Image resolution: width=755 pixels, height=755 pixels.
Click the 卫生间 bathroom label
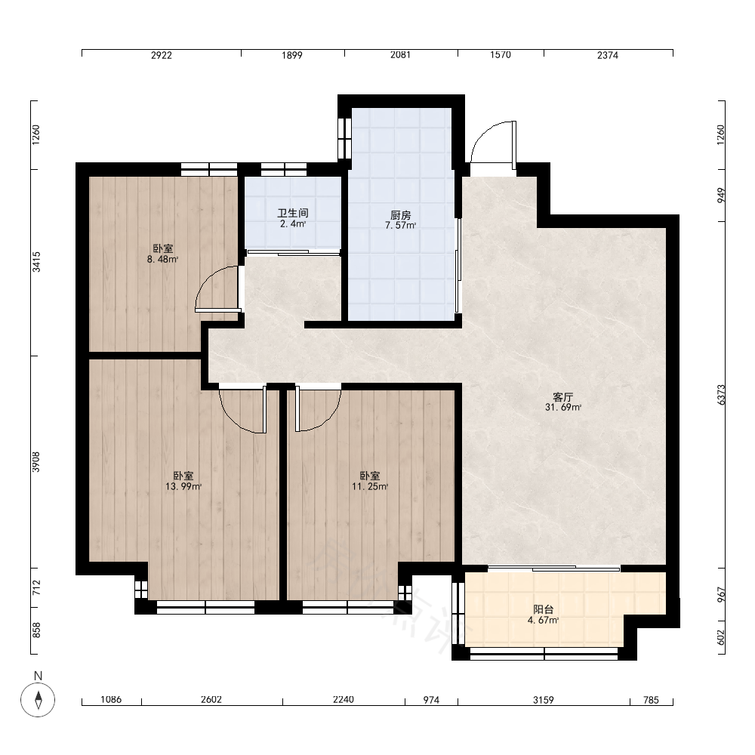(293, 213)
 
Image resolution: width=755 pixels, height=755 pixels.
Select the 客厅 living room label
(563, 397)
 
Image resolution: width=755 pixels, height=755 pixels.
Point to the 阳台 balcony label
(544, 609)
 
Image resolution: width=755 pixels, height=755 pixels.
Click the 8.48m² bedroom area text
(163, 260)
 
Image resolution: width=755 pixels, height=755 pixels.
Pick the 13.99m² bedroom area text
(183, 486)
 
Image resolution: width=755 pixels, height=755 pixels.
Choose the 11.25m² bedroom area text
(370, 486)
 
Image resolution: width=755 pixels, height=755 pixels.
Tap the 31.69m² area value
(563, 408)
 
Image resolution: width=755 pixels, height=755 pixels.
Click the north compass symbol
(38, 699)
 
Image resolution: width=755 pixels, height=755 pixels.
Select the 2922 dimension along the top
(162, 55)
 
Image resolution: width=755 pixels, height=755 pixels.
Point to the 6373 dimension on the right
(721, 394)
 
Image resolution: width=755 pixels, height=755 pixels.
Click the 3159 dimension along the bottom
(543, 700)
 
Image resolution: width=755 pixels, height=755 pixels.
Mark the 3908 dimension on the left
(36, 462)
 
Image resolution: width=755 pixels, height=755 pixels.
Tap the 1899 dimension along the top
(291, 55)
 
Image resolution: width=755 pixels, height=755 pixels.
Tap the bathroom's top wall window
(284, 169)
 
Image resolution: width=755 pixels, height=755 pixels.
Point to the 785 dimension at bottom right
(651, 700)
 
